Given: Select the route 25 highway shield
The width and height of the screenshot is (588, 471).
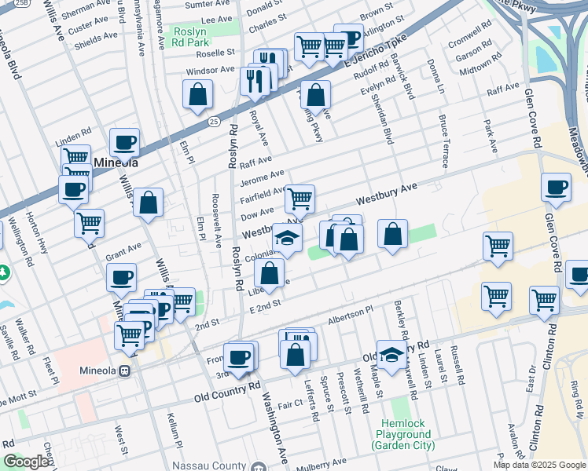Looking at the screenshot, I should point(215,121).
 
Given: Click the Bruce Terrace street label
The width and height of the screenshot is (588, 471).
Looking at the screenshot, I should point(443,141).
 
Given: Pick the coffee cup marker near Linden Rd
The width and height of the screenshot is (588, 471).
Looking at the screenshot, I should point(124,144).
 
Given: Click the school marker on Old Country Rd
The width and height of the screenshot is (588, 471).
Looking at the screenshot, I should point(391,356).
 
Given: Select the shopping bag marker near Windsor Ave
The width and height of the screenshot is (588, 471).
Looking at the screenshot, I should point(198,94).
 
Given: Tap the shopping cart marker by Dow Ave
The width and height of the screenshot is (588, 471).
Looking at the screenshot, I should point(300,199).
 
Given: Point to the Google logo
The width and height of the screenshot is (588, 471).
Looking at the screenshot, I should point(26,462).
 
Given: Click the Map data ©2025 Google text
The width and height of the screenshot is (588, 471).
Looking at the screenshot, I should point(539,465).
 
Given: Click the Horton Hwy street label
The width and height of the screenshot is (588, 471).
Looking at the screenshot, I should point(36,235).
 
